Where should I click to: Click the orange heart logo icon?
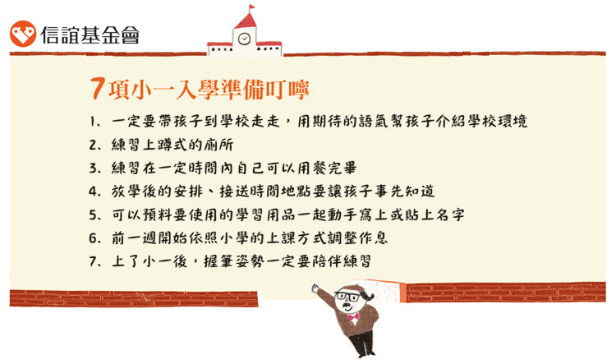(23, 34)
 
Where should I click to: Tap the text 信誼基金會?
(90, 35)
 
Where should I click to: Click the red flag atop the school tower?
(251, 8)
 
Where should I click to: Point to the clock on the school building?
(245, 39)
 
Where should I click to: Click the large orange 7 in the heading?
(97, 89)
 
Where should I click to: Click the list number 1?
(93, 122)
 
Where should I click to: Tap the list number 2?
(93, 145)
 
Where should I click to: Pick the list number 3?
(93, 168)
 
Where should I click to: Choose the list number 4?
(93, 192)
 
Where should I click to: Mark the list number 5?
(93, 215)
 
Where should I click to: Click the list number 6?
(93, 238)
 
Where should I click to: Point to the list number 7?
(93, 261)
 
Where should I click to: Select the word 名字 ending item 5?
(451, 215)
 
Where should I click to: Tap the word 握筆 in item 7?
(218, 261)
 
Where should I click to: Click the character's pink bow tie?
(353, 316)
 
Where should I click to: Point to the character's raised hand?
(315, 288)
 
